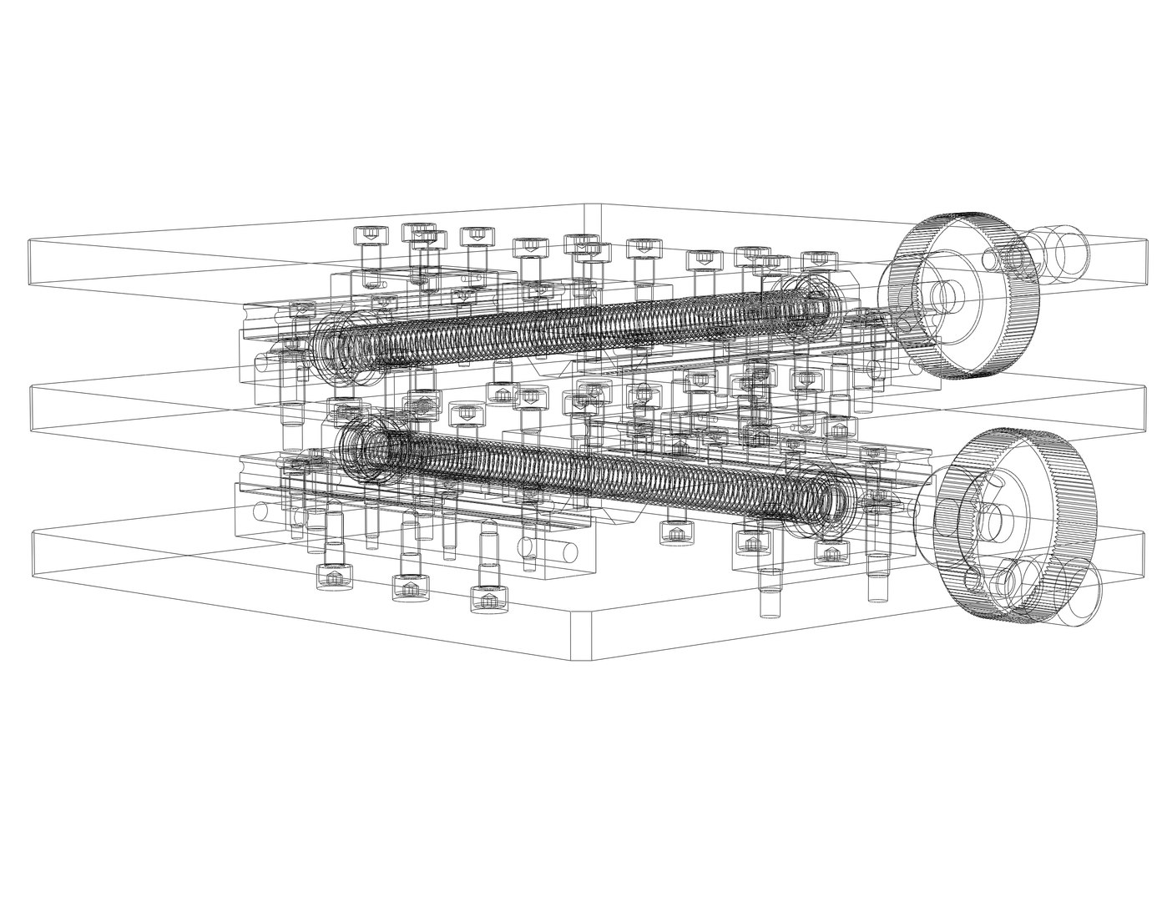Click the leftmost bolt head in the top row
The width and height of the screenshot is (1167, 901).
[x=371, y=235]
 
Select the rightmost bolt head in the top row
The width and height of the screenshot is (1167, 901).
[x=818, y=260]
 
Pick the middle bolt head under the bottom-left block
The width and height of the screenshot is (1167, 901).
[x=409, y=588]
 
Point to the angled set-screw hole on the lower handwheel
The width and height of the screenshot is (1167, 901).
[x=997, y=481]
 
